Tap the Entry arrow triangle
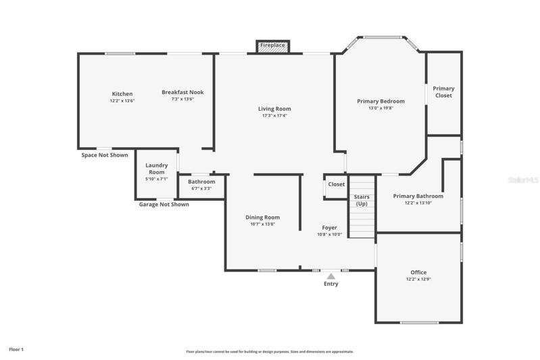pos(331,276)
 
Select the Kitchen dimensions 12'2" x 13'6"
pos(122,101)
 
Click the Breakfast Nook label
pos(182,93)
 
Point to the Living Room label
pos(274,109)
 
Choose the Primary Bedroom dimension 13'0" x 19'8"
pos(381,108)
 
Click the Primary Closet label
pos(443,92)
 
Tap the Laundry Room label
pos(157,169)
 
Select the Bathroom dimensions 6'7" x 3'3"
pos(201,188)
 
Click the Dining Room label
pos(262,217)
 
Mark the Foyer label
pos(330,228)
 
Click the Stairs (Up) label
pos(362,201)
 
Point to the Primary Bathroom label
pos(418,196)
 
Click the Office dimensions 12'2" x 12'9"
pos(418,280)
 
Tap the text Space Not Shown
pos(105,155)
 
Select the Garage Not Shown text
pos(164,205)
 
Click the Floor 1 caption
pos(16,349)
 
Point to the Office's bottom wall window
pos(420,323)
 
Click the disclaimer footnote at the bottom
pos(270,352)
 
